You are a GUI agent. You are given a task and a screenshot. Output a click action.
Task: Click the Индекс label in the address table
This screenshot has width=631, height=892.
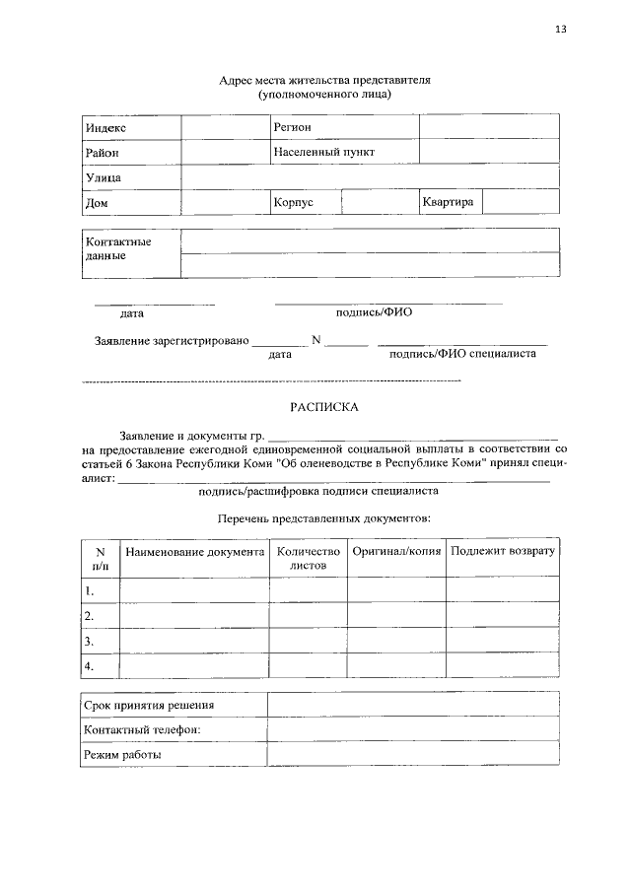pos(105,128)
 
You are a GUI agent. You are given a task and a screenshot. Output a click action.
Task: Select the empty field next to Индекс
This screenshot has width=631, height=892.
pos(225,128)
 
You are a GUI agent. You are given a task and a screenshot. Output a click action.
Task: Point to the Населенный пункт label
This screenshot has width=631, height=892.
pos(323,153)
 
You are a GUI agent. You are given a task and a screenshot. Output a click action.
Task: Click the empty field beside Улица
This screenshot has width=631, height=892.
pos(370,177)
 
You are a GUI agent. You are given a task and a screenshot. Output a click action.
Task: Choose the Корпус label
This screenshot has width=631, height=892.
pos(293,202)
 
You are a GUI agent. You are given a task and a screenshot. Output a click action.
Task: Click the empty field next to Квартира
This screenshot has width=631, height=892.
pos(521,202)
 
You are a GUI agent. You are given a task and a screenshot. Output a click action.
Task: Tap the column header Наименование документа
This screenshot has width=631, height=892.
pos(194,552)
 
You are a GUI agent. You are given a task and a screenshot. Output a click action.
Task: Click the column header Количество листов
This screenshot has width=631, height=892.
pos(309,559)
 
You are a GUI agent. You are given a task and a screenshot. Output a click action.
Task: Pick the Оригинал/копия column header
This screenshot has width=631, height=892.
pos(396,552)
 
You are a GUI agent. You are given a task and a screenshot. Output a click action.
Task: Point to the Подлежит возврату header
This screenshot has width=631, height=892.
pos(503,552)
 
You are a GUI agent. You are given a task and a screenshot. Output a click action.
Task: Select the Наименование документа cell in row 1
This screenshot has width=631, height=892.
pos(194,590)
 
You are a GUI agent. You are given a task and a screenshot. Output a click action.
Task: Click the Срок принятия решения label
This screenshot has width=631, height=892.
pos(149,706)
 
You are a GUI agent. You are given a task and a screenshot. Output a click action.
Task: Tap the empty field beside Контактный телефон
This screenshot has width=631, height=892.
pos(412,730)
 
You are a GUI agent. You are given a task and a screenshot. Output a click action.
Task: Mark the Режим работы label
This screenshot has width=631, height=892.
pos(123,755)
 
